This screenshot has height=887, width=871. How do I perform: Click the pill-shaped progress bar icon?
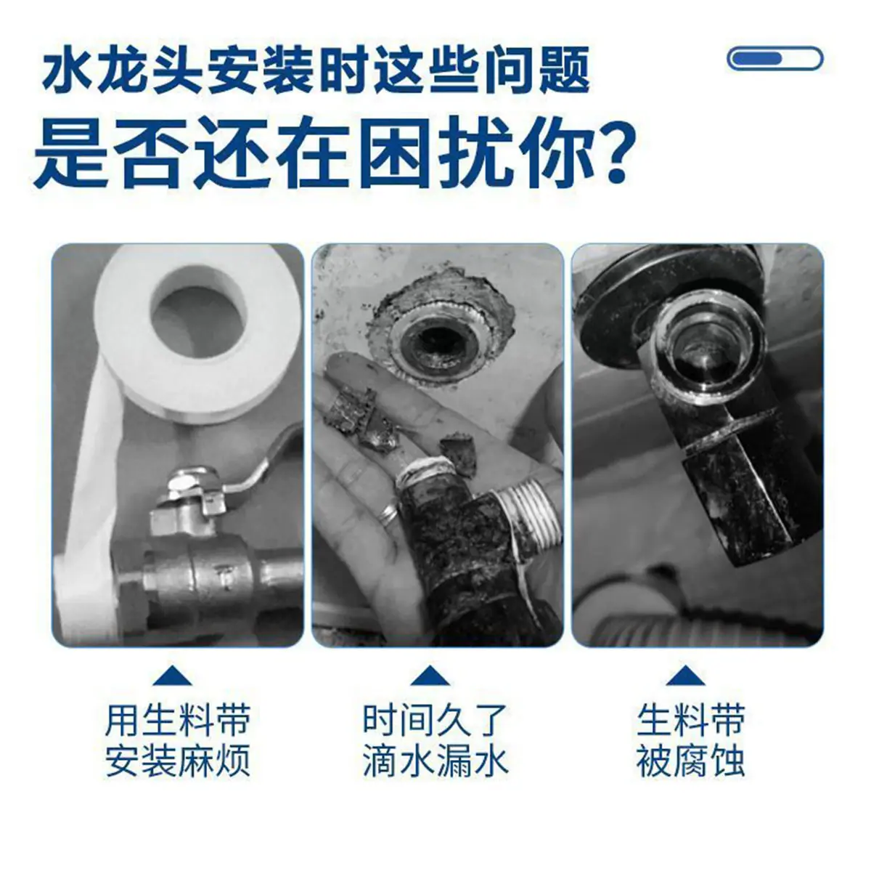coord(775,58)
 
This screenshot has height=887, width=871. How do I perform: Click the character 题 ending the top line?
coord(563,70)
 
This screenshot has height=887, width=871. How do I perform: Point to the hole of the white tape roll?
coord(198,312)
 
